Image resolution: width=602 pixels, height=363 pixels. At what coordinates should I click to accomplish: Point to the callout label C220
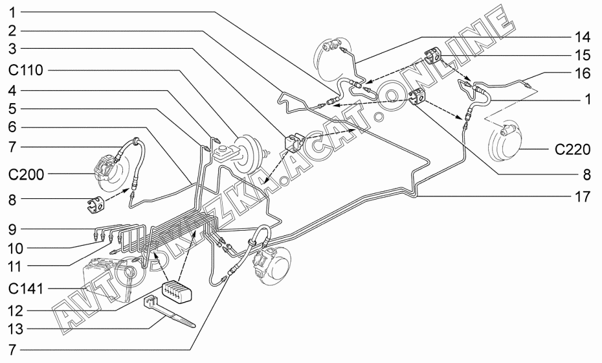572,150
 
